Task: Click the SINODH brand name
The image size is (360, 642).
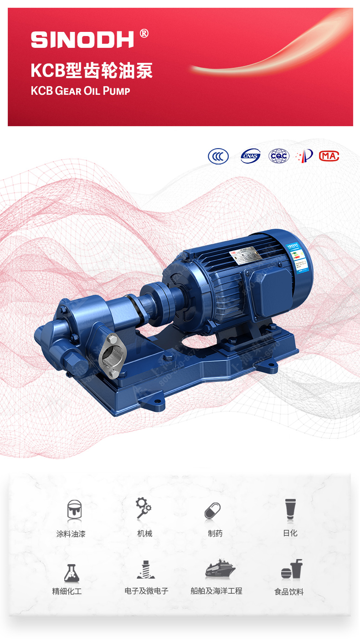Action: (82, 40)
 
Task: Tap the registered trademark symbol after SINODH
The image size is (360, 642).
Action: (144, 33)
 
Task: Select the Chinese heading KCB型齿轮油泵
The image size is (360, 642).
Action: (92, 71)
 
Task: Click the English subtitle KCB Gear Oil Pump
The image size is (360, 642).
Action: (81, 91)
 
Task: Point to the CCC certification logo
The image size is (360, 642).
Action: (218, 156)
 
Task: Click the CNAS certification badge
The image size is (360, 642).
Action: (250, 156)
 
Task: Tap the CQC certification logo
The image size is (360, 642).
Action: (278, 156)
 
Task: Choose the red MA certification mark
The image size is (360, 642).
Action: (329, 156)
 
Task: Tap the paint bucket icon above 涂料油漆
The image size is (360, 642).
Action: (74, 510)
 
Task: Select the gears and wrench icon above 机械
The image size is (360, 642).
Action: (144, 508)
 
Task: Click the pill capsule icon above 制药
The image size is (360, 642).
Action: (212, 511)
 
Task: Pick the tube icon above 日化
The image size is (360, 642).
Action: (290, 509)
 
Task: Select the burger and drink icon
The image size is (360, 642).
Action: (291, 570)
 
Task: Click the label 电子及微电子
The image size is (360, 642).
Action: (146, 591)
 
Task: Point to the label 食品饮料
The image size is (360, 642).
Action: (289, 592)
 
